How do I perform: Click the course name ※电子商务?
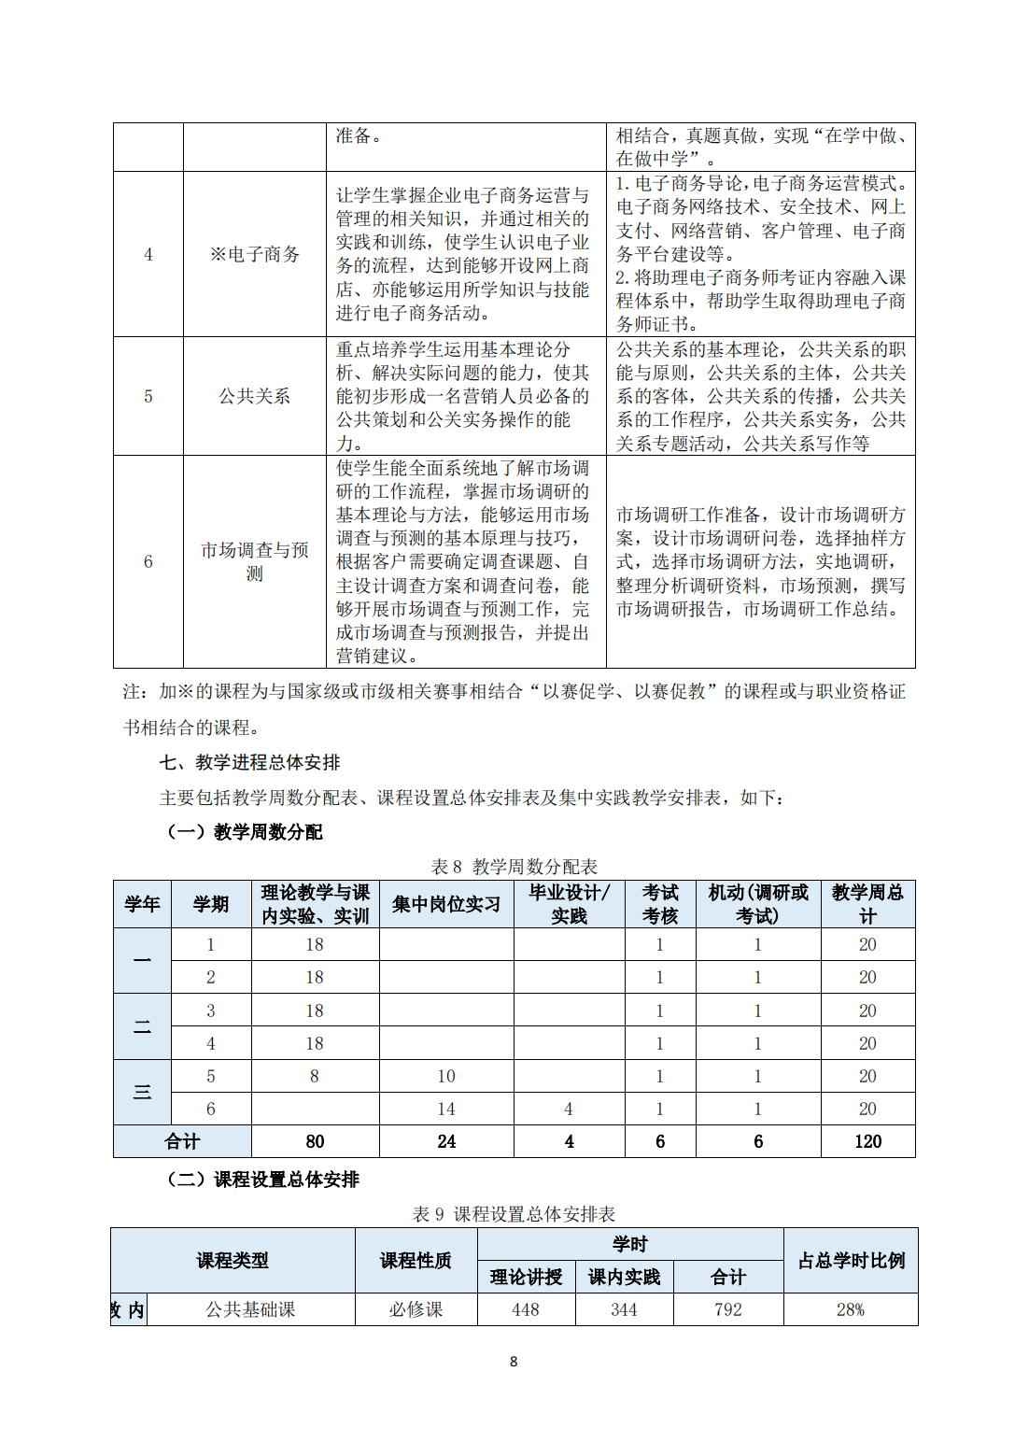point(254,254)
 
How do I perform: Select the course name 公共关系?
point(254,396)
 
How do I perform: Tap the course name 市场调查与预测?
point(254,561)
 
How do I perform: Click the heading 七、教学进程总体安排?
point(249,762)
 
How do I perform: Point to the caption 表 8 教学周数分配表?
point(514,867)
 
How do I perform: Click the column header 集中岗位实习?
point(446,904)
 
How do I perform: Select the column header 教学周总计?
point(867,904)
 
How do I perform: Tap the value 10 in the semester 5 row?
point(446,1076)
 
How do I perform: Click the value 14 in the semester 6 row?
point(446,1109)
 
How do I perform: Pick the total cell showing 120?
point(867,1141)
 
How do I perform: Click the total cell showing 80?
point(315,1141)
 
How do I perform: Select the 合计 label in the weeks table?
point(182,1141)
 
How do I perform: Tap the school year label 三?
point(142,1092)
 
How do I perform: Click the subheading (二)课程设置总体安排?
point(263,1180)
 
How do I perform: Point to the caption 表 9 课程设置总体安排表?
point(514,1214)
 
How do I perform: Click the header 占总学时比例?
point(851,1260)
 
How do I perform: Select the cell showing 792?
point(727,1309)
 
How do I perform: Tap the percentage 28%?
point(851,1309)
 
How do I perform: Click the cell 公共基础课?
point(250,1309)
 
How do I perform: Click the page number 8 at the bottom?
point(514,1362)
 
